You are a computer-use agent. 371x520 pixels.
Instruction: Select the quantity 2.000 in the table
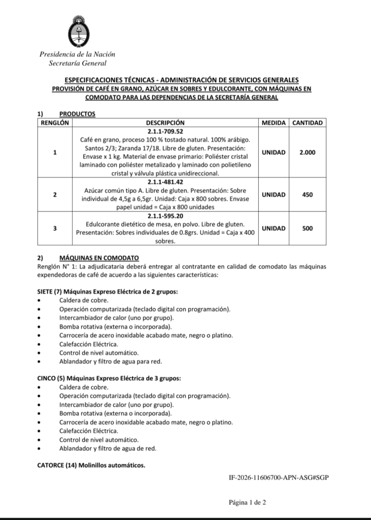(307, 152)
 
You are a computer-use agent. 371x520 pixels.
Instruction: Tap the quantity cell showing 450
(307, 194)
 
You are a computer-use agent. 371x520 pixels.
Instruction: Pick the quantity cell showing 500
(307, 229)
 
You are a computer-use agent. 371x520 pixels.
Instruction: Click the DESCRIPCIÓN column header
(165, 123)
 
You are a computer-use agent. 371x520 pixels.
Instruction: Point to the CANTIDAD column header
(308, 123)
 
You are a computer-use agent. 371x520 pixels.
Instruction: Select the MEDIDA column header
(274, 123)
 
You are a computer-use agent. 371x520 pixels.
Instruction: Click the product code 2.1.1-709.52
(165, 131)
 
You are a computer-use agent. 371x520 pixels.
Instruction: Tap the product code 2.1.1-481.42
(165, 181)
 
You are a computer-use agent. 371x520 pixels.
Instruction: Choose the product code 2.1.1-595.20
(165, 216)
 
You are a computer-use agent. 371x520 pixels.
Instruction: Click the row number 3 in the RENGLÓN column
(55, 229)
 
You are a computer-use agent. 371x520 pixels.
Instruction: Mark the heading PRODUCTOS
(77, 114)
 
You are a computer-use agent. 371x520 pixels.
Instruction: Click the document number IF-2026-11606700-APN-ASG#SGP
(279, 478)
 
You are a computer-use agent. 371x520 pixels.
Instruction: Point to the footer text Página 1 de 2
(247, 503)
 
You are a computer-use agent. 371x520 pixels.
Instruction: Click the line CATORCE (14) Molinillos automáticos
(91, 465)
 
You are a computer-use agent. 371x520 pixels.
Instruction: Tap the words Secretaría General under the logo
(78, 63)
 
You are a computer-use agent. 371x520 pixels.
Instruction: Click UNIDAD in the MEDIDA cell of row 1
(274, 152)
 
